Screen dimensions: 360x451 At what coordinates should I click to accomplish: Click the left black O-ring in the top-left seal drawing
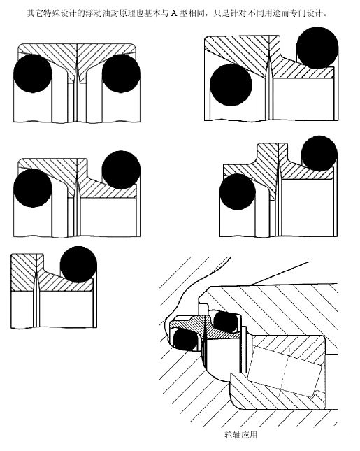(32, 73)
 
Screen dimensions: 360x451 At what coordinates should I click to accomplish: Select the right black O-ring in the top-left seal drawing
(121, 73)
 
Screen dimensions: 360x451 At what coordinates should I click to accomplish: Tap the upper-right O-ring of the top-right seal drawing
(317, 48)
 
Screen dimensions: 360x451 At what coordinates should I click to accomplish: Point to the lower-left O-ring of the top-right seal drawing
(231, 85)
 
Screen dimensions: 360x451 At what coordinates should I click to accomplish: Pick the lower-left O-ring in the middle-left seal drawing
(32, 188)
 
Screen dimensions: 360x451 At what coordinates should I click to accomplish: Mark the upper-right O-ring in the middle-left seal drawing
(121, 170)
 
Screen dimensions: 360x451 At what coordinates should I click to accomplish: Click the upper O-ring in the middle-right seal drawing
(319, 154)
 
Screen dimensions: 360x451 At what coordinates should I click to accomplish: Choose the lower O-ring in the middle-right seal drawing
(238, 192)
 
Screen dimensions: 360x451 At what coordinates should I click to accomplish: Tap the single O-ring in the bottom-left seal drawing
(78, 264)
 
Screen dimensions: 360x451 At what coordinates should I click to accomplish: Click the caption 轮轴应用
(240, 434)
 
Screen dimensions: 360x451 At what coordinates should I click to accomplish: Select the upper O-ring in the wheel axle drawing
(226, 321)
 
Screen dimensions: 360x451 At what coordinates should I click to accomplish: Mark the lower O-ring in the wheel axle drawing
(185, 339)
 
